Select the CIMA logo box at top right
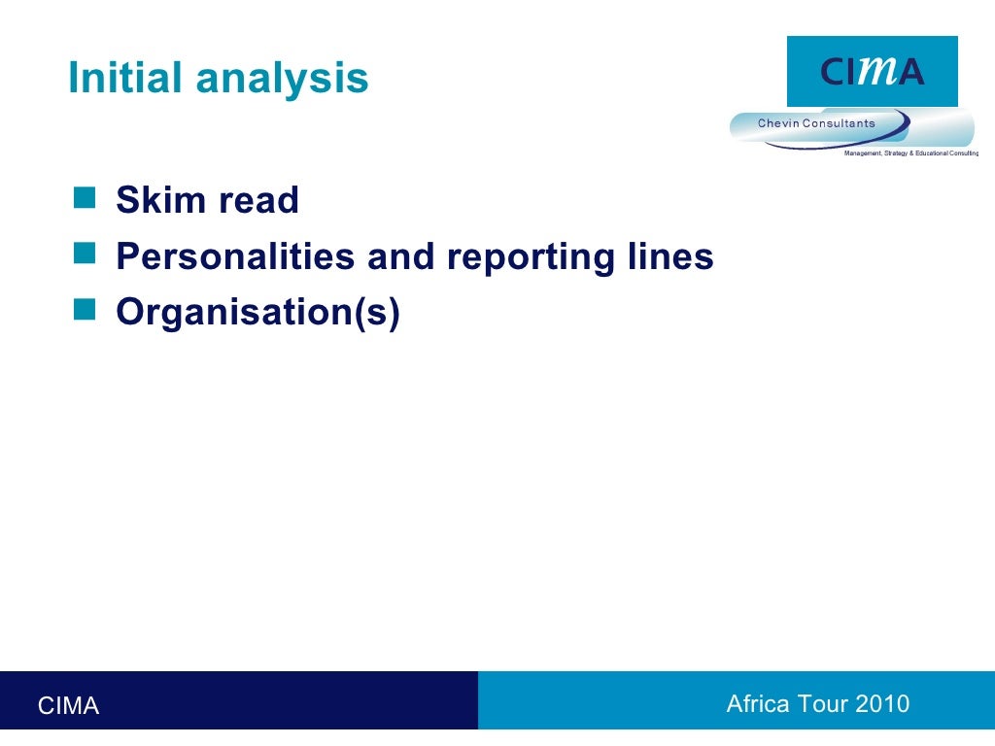(872, 71)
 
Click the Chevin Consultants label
(816, 123)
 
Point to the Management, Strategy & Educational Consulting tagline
(910, 153)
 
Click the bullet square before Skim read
(86, 199)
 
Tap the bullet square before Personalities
(86, 255)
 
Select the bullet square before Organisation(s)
(86, 311)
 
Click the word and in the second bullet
(402, 257)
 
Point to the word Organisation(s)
(257, 314)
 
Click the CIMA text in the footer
(68, 706)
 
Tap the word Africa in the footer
(758, 704)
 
